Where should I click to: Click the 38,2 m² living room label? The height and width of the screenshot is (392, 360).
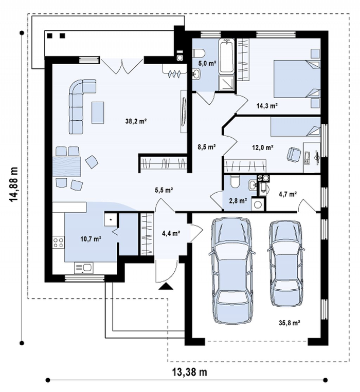point(136,121)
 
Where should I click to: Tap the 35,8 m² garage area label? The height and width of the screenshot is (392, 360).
point(290,323)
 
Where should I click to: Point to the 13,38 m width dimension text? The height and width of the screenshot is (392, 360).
point(190,372)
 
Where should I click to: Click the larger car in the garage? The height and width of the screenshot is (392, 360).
point(231,271)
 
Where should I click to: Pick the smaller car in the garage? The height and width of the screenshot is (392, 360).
point(286,264)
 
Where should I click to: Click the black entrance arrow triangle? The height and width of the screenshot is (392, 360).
point(166,286)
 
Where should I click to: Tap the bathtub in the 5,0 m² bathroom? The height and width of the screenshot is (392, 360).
point(226,56)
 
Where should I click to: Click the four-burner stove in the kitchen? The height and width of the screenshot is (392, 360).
point(58,242)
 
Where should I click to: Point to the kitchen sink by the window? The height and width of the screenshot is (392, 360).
point(84,268)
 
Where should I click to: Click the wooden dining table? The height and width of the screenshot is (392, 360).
point(67,167)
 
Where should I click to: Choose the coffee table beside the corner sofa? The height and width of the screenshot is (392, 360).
point(98,112)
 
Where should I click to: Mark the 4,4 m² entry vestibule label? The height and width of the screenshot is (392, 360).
point(172,233)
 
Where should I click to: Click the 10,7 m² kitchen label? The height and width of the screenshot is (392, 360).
point(91,239)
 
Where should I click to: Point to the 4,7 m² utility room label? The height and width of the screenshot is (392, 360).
point(287,194)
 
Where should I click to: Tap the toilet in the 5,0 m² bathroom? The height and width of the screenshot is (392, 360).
point(199,53)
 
